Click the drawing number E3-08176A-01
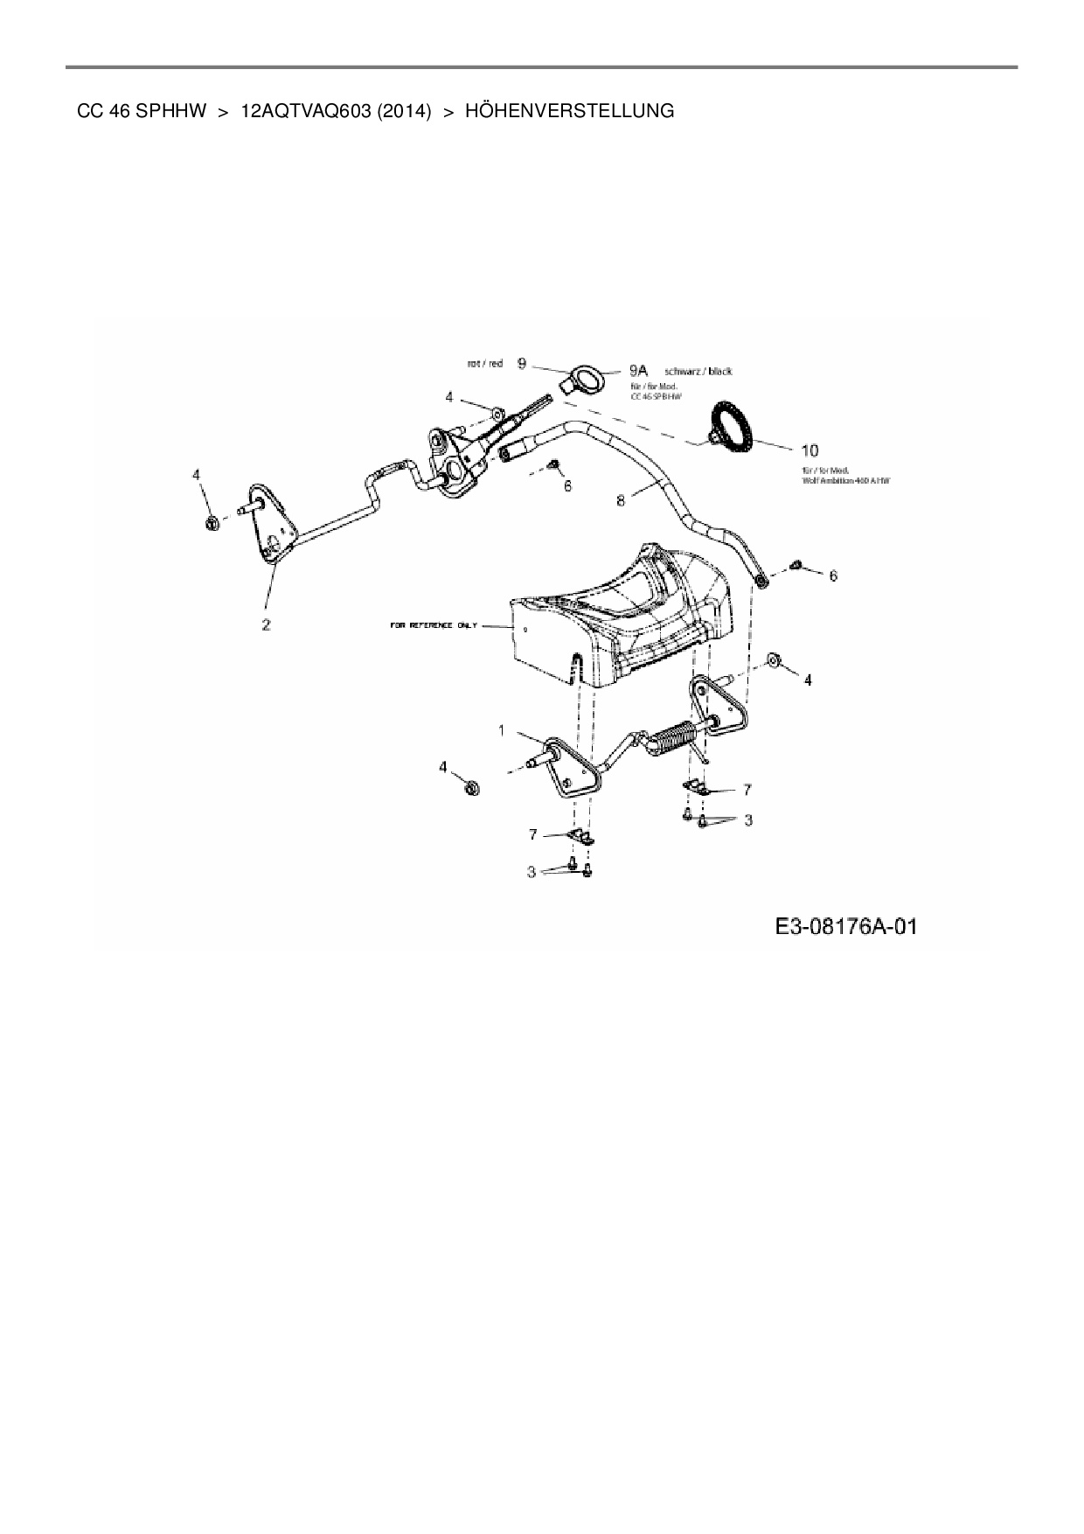[844, 926]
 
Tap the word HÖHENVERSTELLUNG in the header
[570, 111]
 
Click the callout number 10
[810, 450]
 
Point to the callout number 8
[621, 500]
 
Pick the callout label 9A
[638, 371]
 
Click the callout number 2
[266, 624]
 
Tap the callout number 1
[501, 730]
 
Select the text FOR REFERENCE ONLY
[434, 626]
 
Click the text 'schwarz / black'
[698, 372]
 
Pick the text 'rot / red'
[485, 363]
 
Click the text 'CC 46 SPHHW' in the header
[142, 111]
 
